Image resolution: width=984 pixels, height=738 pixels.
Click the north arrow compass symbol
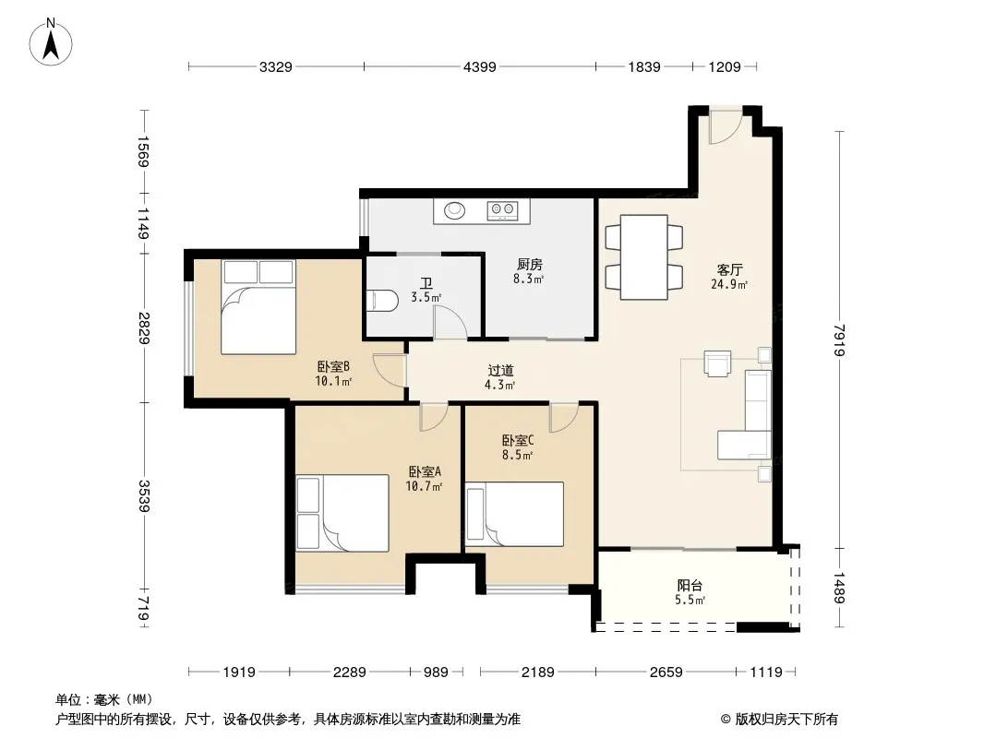pos(51,42)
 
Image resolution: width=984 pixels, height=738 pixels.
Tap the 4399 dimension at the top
pos(479,67)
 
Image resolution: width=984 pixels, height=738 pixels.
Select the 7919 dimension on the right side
pos(840,339)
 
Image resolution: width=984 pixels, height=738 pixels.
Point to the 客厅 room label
pos(729,269)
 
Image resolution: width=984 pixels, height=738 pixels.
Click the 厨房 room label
pos(529,265)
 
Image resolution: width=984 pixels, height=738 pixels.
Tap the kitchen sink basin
pos(455,210)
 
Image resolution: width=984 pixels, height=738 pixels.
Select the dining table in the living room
pos(644,257)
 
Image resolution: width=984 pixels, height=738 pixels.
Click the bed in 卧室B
pos(258,307)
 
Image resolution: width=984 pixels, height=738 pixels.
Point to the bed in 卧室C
pos(514,514)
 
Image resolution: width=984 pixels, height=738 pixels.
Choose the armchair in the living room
pos(717,363)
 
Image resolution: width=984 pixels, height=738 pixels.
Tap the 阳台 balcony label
pos(689,586)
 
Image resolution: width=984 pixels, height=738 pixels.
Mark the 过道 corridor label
pos(501,371)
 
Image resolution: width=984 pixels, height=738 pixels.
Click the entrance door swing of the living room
pos(726,127)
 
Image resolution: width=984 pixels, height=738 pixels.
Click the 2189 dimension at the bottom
pos(538,673)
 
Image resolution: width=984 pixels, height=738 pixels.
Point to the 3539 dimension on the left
pos(144,495)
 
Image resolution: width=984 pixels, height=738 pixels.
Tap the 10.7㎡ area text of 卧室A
pos(425,486)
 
